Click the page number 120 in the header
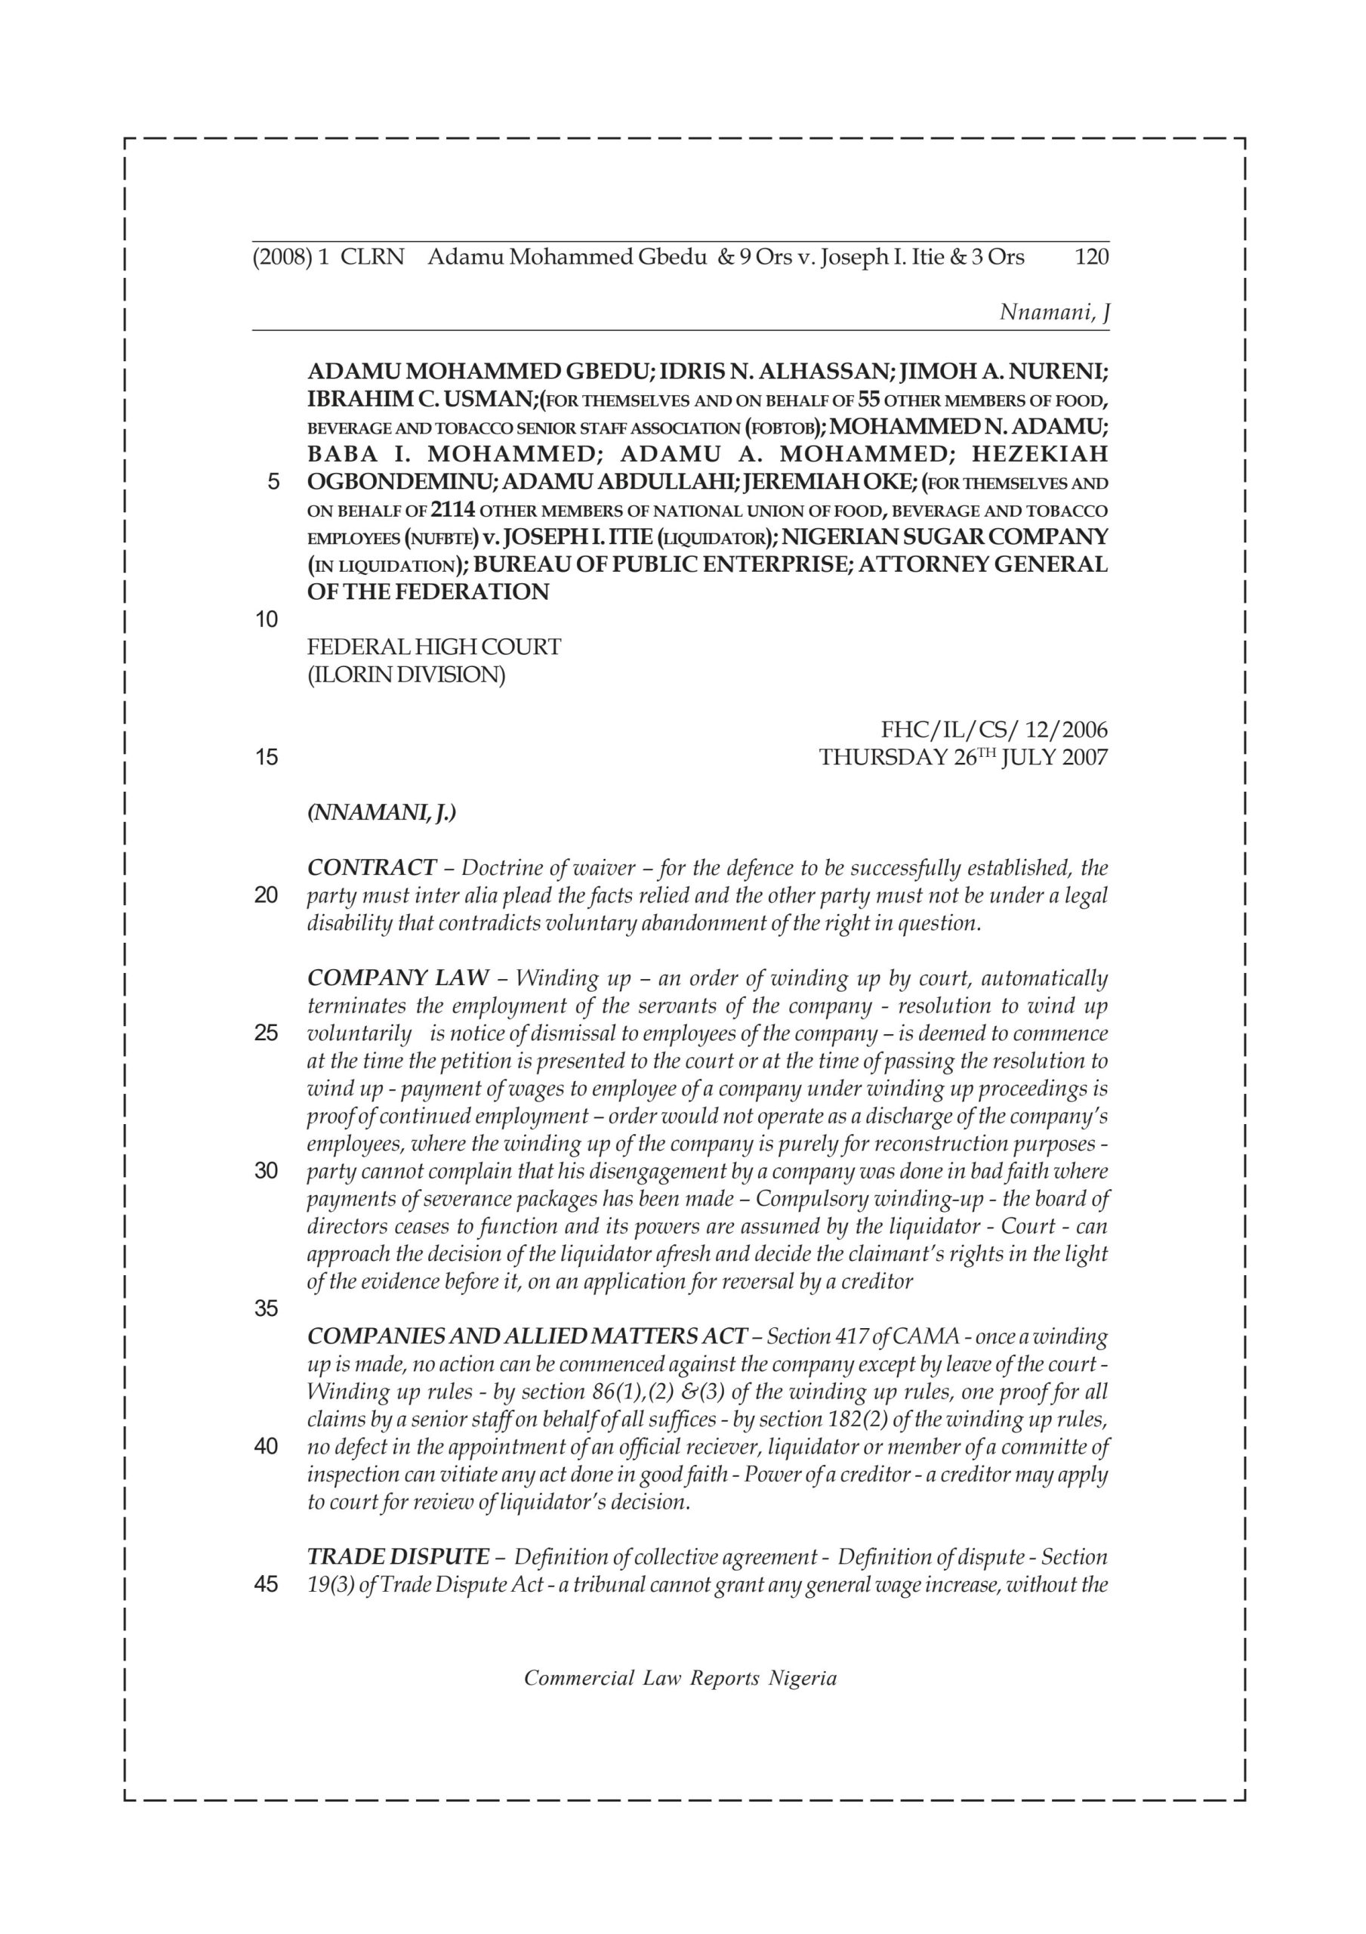point(1091,257)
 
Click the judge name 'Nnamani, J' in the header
point(1053,313)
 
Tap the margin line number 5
point(272,483)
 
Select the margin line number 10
point(266,620)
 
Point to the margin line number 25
point(266,1033)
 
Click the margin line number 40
point(266,1447)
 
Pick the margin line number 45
point(266,1584)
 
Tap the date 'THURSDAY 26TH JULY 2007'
point(964,757)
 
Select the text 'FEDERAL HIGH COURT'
point(433,647)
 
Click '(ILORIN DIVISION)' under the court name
point(406,675)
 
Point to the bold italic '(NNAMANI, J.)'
point(381,813)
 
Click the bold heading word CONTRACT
point(372,867)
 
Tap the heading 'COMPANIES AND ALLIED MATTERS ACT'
point(527,1336)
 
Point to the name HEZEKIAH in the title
point(1039,455)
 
